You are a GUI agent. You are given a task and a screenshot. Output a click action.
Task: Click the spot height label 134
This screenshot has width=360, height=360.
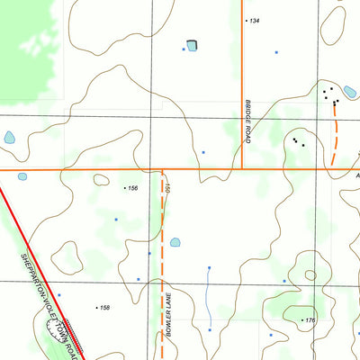click(255, 20)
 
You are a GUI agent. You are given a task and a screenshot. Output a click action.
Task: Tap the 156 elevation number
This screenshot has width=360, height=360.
click(133, 188)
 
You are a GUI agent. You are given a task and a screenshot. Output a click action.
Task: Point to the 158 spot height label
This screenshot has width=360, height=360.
click(105, 308)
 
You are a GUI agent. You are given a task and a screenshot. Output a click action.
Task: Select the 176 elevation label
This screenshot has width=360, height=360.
click(310, 320)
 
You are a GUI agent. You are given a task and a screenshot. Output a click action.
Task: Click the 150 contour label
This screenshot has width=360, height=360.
click(167, 189)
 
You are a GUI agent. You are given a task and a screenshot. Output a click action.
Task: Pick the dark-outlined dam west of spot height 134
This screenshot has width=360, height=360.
click(191, 45)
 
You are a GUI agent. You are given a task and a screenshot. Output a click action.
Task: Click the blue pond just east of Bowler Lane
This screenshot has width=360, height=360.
click(175, 242)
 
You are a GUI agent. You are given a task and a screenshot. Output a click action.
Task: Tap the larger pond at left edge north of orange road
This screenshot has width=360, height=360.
click(10, 139)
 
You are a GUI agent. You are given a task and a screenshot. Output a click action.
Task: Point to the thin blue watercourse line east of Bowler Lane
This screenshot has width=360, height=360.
click(208, 297)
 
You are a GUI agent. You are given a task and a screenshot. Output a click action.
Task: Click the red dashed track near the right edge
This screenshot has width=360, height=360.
click(335, 139)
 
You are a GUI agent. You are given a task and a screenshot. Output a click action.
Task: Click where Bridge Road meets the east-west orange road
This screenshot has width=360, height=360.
click(242, 168)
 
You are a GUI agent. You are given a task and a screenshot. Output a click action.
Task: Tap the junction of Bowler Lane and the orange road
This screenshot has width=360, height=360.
click(163, 169)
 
